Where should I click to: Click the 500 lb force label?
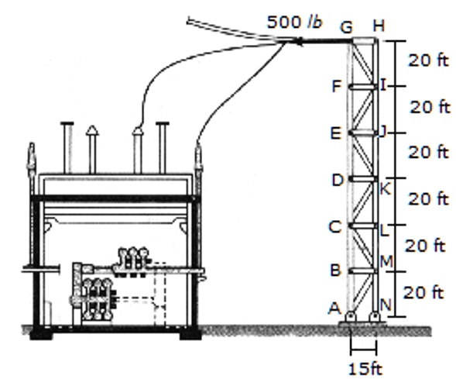[295, 22]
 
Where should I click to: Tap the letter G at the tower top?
[346, 27]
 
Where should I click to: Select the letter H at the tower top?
[378, 26]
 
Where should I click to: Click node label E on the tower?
[335, 133]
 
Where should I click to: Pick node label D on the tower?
[337, 181]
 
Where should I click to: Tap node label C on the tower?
[335, 227]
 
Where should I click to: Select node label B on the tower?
[336, 270]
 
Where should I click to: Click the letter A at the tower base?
[334, 308]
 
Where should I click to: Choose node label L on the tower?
[385, 229]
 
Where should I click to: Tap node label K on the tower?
[385, 187]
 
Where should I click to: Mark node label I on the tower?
[383, 84]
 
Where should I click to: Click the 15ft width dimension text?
[364, 367]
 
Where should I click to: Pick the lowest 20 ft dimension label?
[423, 293]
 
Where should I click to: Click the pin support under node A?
[351, 317]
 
